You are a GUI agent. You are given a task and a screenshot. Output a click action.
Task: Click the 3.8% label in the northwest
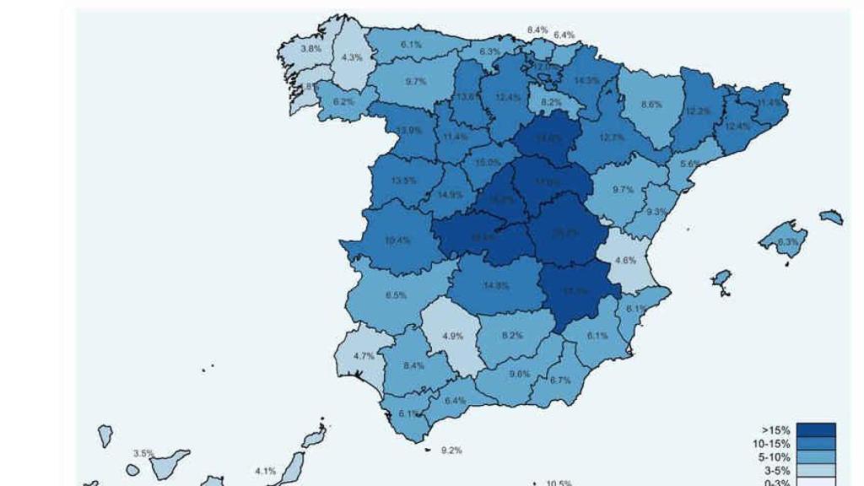[x=311, y=49]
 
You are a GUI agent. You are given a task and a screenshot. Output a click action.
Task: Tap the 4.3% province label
[x=353, y=58]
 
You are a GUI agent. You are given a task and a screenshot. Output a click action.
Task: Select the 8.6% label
[x=651, y=105]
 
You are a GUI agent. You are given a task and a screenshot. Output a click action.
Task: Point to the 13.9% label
[x=409, y=130]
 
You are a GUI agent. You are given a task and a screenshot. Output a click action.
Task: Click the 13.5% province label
[x=404, y=181]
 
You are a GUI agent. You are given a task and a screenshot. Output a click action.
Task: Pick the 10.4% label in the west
[x=397, y=240]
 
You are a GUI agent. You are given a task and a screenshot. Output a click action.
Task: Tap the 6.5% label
[x=396, y=295]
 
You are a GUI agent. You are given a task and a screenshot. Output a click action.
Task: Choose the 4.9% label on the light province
[x=453, y=336]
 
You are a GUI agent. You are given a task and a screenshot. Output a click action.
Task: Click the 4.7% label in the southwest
[x=364, y=356]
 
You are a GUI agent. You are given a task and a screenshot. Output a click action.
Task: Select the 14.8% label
[x=496, y=286]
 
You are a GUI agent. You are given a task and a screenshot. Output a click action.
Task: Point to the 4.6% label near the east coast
[x=625, y=261]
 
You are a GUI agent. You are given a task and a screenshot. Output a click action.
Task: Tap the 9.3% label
[x=656, y=212]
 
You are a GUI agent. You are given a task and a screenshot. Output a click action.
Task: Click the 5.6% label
[x=690, y=164]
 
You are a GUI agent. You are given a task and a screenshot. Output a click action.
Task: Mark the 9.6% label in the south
[x=520, y=374]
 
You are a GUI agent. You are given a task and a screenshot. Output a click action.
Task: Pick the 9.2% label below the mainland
[x=451, y=451]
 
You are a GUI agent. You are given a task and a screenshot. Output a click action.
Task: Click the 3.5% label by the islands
[x=143, y=454]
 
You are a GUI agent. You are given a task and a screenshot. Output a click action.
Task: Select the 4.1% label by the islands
[x=265, y=471]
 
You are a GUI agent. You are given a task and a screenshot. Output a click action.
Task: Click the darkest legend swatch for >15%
[x=815, y=430]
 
